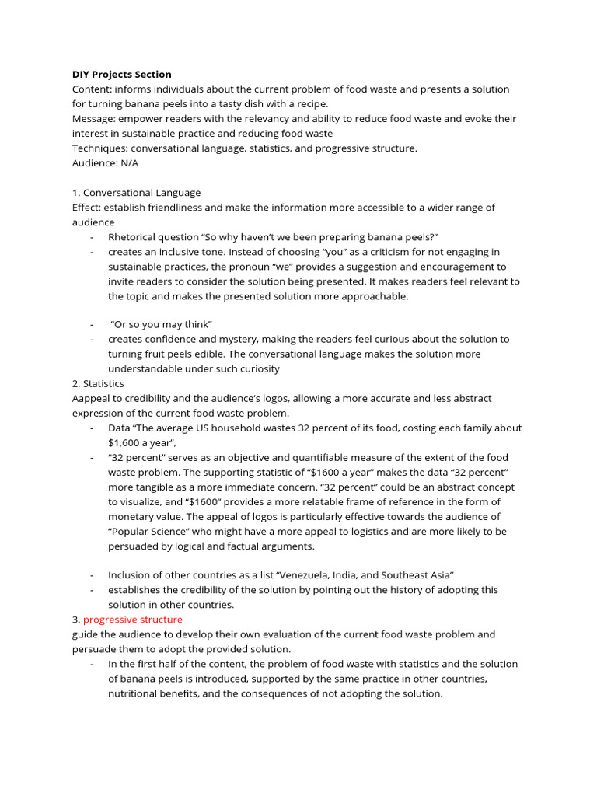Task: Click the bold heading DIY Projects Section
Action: pos(121,75)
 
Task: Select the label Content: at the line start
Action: pos(92,89)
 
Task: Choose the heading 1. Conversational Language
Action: pos(136,193)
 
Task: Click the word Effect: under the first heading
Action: pos(86,208)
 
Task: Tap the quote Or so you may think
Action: pos(162,324)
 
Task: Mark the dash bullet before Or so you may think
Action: pos(92,324)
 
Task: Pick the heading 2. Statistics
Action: pos(98,383)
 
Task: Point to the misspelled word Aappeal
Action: pos(92,398)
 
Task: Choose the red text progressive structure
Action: pos(133,620)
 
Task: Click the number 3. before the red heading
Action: pos(76,620)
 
